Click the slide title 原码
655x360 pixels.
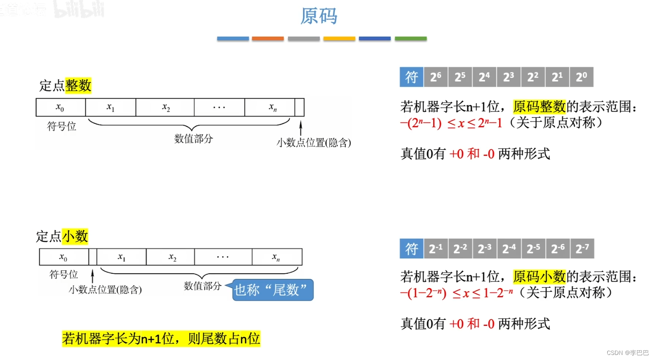pyautogui.click(x=319, y=16)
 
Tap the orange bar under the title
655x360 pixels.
pyautogui.click(x=267, y=38)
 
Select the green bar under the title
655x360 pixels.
pyautogui.click(x=410, y=38)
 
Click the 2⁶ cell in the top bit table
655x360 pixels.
pyautogui.click(x=436, y=77)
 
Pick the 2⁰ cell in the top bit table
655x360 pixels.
pyautogui.click(x=581, y=77)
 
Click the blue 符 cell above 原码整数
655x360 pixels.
pyautogui.click(x=411, y=77)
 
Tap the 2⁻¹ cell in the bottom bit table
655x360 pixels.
pyautogui.click(x=436, y=248)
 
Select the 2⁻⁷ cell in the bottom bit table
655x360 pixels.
pyautogui.click(x=582, y=248)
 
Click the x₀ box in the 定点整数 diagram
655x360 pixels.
pyautogui.click(x=60, y=107)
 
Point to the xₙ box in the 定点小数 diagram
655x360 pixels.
pyautogui.click(x=277, y=257)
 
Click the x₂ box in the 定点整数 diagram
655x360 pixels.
pyautogui.click(x=165, y=107)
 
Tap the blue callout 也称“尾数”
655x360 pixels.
pyautogui.click(x=273, y=290)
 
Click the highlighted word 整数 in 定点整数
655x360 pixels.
pyautogui.click(x=78, y=85)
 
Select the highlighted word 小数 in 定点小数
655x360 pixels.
pyautogui.click(x=75, y=236)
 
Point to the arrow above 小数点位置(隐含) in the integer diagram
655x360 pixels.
pyautogui.click(x=300, y=128)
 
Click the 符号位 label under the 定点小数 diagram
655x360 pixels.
pyautogui.click(x=64, y=275)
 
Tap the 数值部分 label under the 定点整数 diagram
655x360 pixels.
pyautogui.click(x=194, y=139)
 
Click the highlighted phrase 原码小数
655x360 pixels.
pyautogui.click(x=539, y=277)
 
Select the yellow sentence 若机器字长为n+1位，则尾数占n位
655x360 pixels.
pyautogui.click(x=161, y=338)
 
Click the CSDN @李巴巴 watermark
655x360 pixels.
pyautogui.click(x=628, y=353)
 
